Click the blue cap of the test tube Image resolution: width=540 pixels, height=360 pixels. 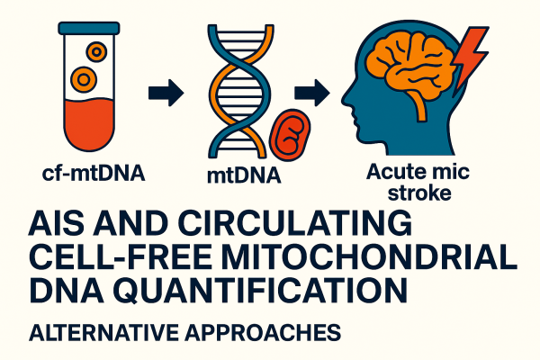(x=89, y=28)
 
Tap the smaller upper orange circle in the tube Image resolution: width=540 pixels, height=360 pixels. (x=97, y=51)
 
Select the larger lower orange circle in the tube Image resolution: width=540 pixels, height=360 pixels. (x=84, y=79)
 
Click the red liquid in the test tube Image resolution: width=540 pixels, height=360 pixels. (x=89, y=124)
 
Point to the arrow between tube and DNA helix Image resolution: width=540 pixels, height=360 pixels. (x=166, y=93)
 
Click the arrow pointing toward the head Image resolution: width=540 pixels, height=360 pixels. (x=312, y=93)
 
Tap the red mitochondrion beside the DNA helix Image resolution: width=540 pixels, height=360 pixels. (x=290, y=135)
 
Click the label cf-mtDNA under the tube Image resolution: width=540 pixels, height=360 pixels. (x=94, y=174)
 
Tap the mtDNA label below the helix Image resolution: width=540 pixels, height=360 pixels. (x=244, y=175)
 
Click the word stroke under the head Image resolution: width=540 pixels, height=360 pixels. (x=419, y=193)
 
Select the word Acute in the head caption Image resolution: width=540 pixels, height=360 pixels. (x=392, y=171)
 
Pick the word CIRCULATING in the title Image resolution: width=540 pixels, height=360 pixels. (x=295, y=223)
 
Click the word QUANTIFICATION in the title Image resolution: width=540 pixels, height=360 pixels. (x=261, y=291)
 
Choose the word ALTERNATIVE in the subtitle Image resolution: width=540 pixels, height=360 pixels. (x=104, y=332)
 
